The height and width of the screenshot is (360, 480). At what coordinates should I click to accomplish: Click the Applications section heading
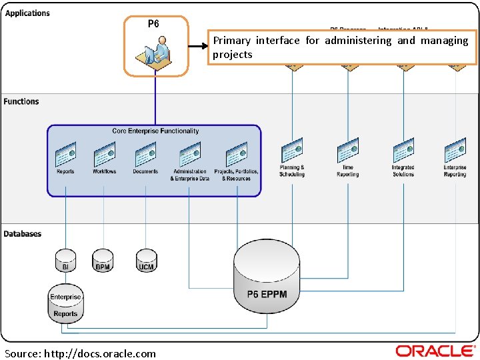click(x=27, y=13)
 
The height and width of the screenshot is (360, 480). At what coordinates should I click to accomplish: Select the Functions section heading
click(x=21, y=101)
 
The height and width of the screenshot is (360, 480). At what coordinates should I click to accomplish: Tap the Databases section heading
click(x=23, y=234)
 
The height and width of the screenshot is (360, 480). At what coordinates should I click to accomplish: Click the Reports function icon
click(x=65, y=155)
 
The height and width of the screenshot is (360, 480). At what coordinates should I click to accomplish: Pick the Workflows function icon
click(x=104, y=155)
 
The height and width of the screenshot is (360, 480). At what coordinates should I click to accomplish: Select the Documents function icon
click(x=145, y=155)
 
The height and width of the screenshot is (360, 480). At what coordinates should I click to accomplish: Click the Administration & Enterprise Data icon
click(x=189, y=155)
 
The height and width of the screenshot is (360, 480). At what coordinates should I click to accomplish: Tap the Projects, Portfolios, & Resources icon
click(x=236, y=155)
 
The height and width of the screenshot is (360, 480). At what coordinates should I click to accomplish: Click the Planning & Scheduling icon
click(x=292, y=150)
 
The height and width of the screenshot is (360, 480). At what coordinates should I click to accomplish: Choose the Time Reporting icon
click(x=347, y=150)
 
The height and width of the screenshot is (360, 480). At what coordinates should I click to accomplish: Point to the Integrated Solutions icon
click(x=403, y=150)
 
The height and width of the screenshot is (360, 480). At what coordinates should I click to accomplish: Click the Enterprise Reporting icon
click(x=455, y=150)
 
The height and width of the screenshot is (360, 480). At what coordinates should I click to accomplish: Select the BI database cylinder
click(x=65, y=260)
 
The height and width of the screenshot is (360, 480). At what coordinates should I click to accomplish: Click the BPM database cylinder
click(x=103, y=260)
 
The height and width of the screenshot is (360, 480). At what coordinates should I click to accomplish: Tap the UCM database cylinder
click(x=146, y=260)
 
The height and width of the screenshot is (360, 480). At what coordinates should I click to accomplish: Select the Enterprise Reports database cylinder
click(x=65, y=304)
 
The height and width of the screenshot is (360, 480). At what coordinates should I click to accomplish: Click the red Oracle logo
click(x=435, y=351)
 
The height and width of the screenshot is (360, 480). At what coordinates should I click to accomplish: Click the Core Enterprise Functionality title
click(x=155, y=131)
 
